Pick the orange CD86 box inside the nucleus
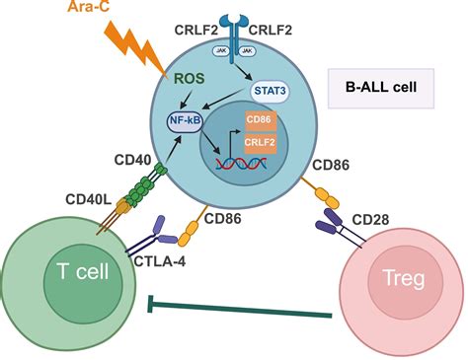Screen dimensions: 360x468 [x=260, y=121]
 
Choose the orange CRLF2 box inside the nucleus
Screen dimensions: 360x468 [x=260, y=143]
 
